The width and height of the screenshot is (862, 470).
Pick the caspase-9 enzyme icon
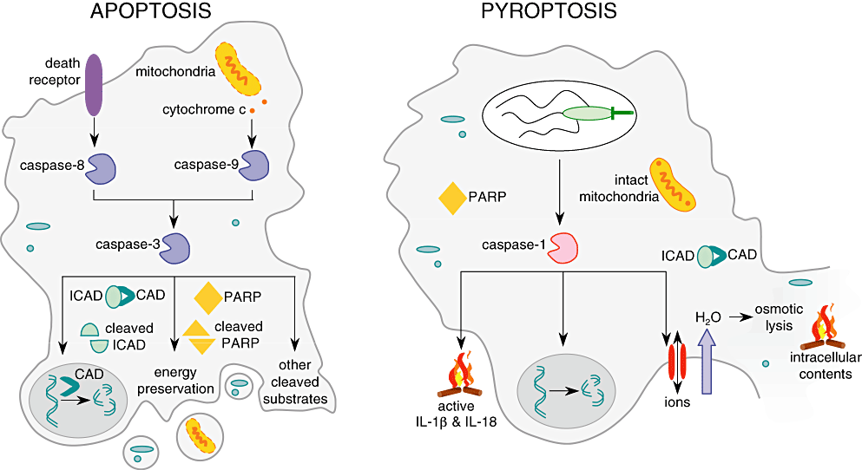(253, 166)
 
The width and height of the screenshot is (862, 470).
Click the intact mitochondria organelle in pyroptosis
(674, 184)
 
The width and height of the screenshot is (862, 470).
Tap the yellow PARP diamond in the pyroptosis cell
(455, 198)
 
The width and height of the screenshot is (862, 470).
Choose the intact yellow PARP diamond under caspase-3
(209, 297)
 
